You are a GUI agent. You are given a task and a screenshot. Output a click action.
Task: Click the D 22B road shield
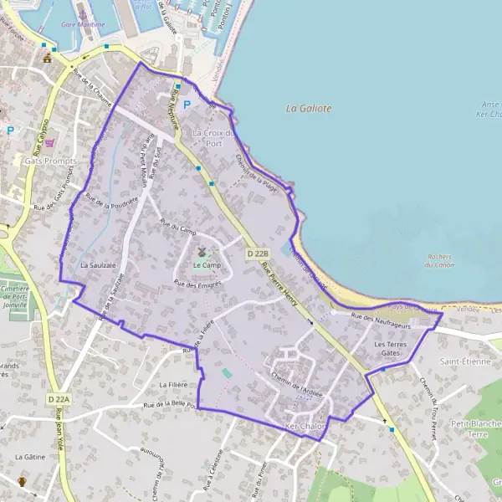(x=257, y=253)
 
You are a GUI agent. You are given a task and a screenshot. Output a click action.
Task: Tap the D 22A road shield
(x=59, y=400)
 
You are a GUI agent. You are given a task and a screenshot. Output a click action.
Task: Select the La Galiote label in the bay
(x=309, y=108)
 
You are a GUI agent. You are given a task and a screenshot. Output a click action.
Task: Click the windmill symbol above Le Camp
(x=201, y=251)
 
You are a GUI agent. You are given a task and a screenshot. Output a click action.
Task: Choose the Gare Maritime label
(x=83, y=25)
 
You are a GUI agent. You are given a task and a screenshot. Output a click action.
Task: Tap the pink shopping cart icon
(x=49, y=143)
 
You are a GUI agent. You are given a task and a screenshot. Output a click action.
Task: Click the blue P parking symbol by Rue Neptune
(x=187, y=105)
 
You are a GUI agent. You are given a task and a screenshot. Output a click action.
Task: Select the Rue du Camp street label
(x=177, y=228)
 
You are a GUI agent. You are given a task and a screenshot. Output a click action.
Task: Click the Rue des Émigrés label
(x=197, y=285)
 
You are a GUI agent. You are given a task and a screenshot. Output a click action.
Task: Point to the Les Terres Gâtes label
(x=392, y=348)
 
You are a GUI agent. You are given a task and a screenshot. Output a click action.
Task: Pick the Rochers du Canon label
(x=439, y=261)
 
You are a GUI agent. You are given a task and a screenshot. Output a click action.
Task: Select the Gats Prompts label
(x=50, y=160)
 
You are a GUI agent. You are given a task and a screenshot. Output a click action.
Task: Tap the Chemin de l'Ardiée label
(x=297, y=383)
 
